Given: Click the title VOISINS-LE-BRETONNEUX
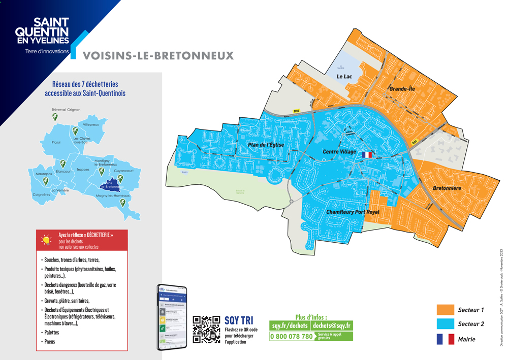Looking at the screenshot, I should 157,55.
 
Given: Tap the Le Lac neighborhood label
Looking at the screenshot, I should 344,76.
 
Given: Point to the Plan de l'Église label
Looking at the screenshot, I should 265,145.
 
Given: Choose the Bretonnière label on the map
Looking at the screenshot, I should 447,188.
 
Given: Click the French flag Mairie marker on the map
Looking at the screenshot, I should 367,154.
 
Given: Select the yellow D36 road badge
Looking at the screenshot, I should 297,111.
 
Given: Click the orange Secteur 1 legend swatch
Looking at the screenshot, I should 445,310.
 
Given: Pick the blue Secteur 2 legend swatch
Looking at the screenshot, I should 445,324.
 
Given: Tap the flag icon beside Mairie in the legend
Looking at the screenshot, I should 445,339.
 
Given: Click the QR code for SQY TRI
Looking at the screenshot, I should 207,329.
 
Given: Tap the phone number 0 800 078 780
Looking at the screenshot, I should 292,336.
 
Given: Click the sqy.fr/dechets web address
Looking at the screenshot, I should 290,325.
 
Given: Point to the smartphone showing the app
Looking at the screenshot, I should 171,316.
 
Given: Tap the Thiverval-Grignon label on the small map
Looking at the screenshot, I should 66,110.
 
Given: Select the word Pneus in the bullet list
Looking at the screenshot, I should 50,342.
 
